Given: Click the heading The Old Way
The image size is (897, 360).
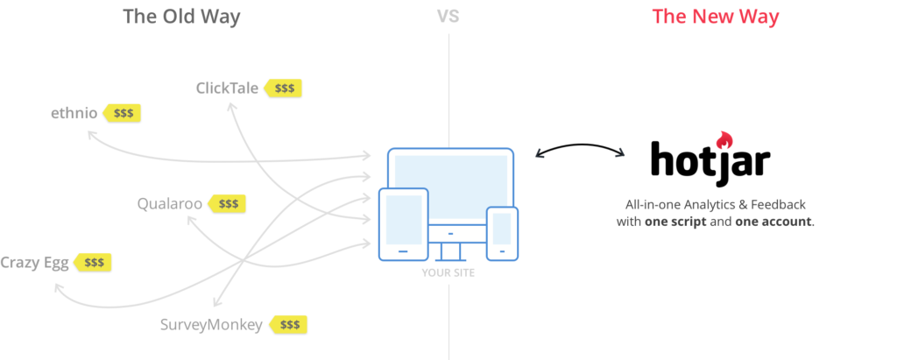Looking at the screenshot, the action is click(x=181, y=16).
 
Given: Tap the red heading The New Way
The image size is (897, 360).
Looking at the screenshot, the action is click(x=716, y=16).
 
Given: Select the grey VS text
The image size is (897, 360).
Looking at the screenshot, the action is click(x=448, y=16).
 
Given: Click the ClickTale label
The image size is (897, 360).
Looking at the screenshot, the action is click(x=227, y=88).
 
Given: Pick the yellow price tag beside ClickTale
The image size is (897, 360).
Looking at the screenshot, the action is click(x=283, y=88).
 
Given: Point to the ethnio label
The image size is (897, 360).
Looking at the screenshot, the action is click(x=74, y=113).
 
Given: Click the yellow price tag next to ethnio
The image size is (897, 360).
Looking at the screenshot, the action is click(x=122, y=113).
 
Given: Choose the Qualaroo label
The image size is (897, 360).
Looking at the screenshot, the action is click(x=169, y=203).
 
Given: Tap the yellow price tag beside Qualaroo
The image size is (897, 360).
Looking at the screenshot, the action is click(x=227, y=203).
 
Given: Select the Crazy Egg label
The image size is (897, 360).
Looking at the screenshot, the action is click(x=34, y=263).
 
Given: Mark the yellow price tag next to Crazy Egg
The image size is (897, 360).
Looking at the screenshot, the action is click(x=93, y=263).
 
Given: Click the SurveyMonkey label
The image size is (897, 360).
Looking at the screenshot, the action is click(x=211, y=325).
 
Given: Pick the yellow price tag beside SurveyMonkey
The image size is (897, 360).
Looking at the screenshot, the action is click(x=288, y=325).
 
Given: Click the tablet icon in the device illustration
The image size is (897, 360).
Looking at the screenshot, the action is click(x=403, y=224).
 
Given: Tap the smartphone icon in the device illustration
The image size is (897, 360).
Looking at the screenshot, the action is click(x=502, y=234).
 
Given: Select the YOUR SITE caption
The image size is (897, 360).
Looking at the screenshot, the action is click(x=448, y=273).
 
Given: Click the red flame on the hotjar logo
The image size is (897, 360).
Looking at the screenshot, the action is click(x=724, y=140).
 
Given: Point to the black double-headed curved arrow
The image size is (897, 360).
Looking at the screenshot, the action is click(x=580, y=145).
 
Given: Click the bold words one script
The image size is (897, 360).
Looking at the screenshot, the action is click(x=675, y=222).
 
